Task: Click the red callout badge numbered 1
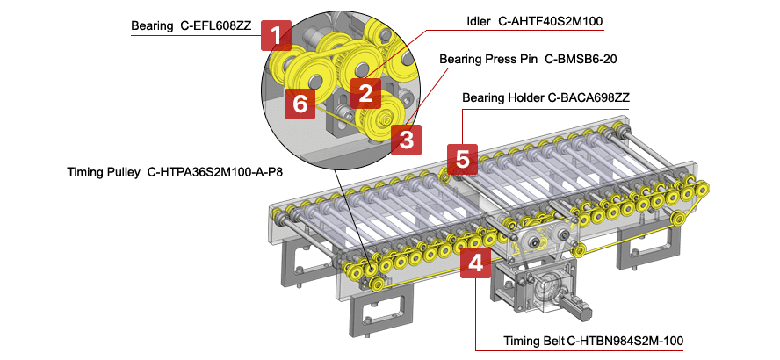click(276, 36)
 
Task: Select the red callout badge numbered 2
click(365, 90)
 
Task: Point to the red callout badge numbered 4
click(475, 263)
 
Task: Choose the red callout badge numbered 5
click(462, 160)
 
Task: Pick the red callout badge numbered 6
click(300, 104)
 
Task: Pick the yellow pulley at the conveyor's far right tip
click(703, 189)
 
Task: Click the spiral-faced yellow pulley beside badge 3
click(383, 118)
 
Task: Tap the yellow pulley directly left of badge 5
click(444, 178)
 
